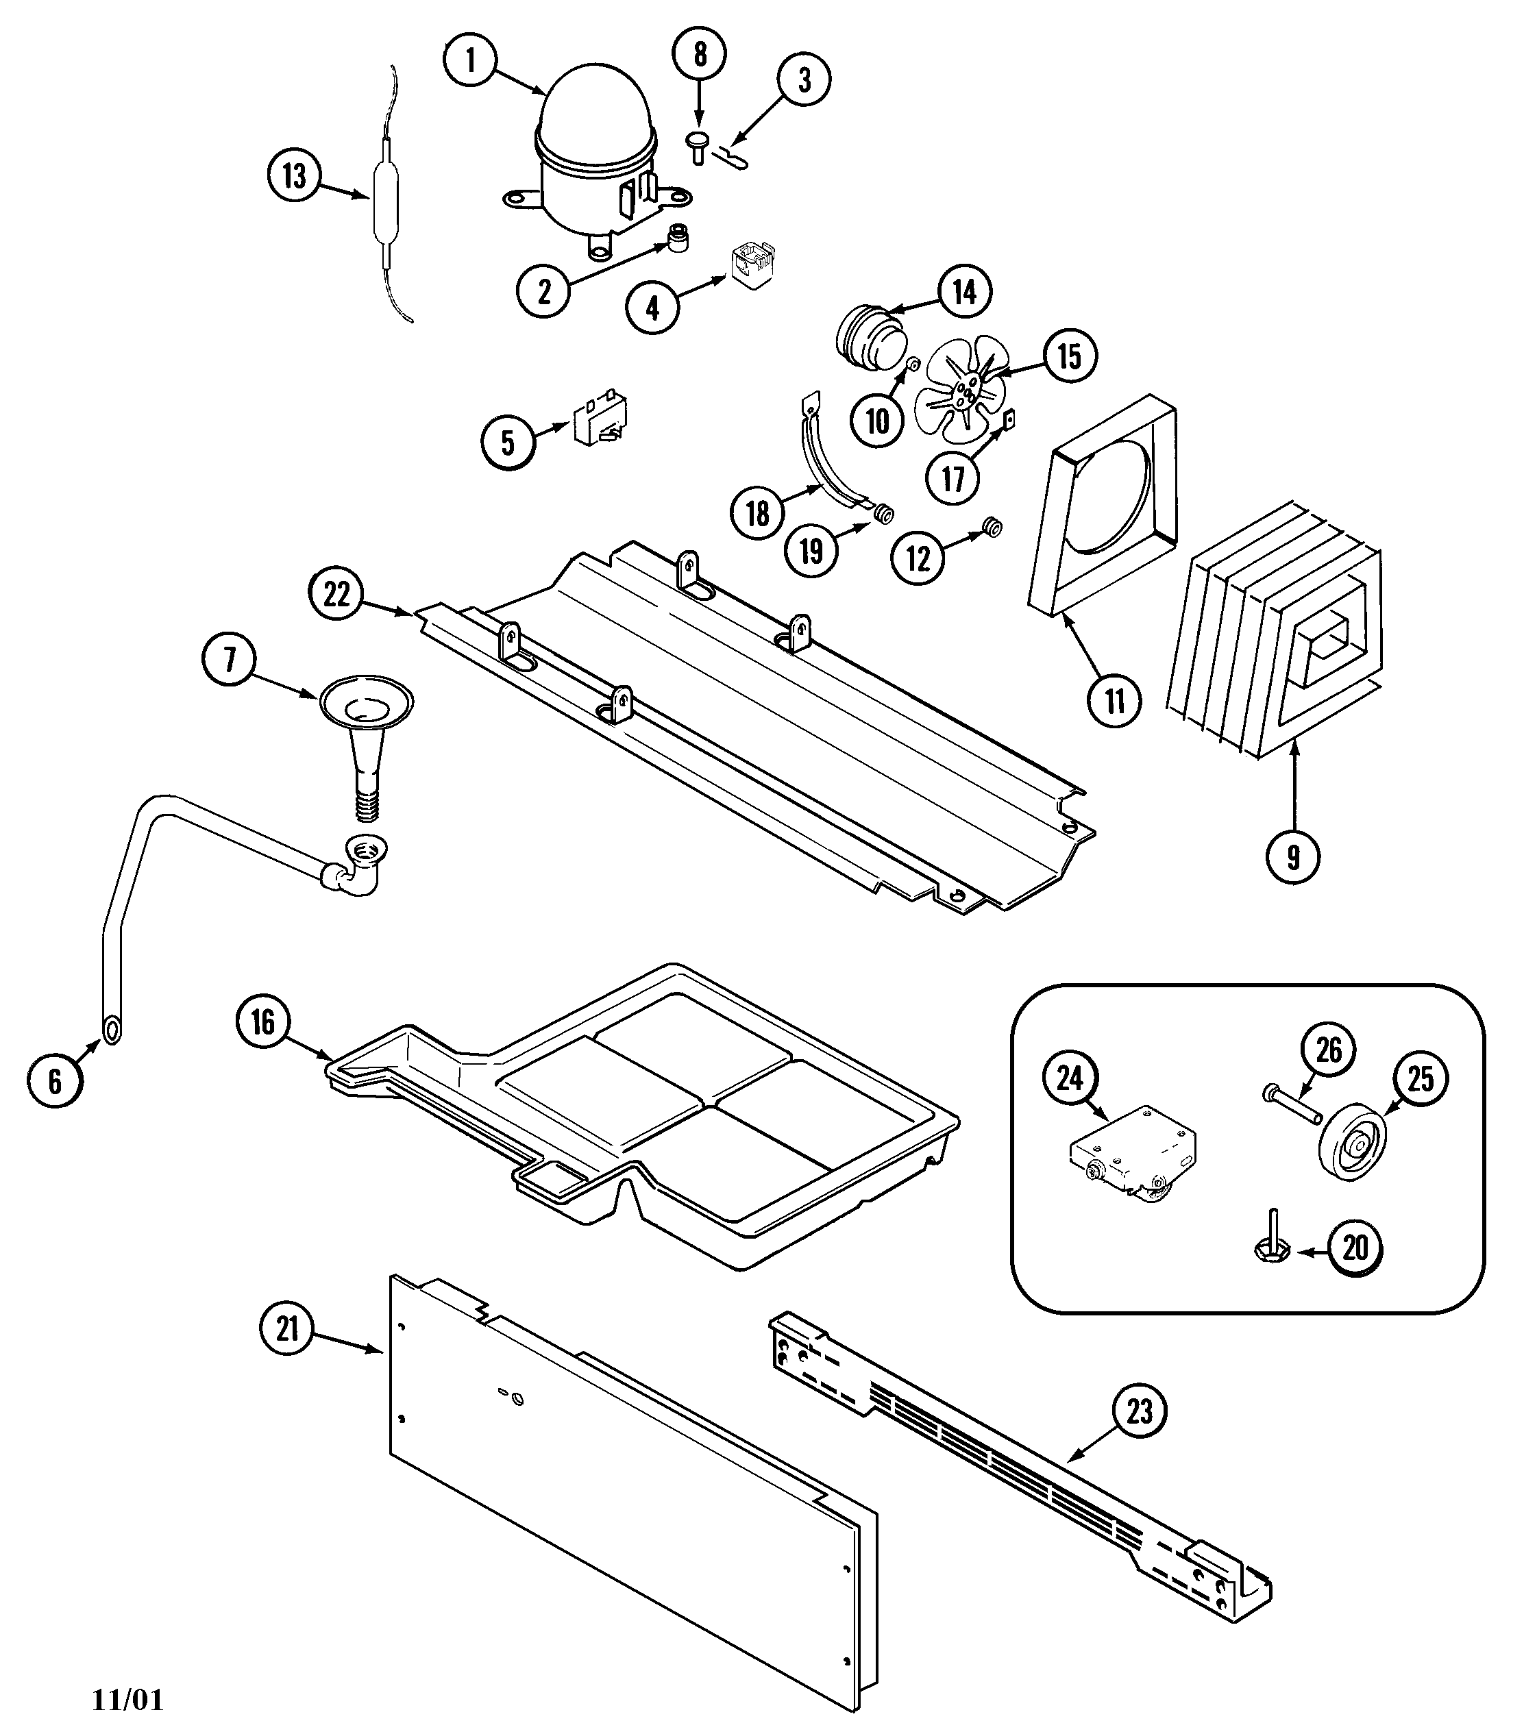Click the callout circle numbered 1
(x=469, y=61)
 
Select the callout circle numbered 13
(x=295, y=177)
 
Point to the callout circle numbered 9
(x=1292, y=857)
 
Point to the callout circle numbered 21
(x=288, y=1328)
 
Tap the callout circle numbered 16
(x=263, y=1022)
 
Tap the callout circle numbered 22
(x=336, y=594)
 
